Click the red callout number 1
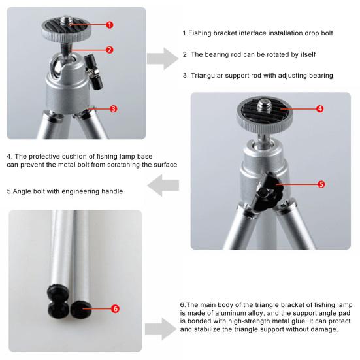click(110, 25)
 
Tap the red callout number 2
click(110, 50)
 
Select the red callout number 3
click(113, 108)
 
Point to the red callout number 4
click(320, 108)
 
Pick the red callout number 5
click(321, 184)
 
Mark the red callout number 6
click(115, 308)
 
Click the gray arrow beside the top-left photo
click(163, 59)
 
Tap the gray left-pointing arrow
click(163, 186)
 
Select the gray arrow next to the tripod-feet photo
click(161, 329)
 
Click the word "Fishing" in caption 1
click(200, 33)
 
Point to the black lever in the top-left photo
click(93, 72)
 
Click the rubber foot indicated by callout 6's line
click(80, 310)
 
